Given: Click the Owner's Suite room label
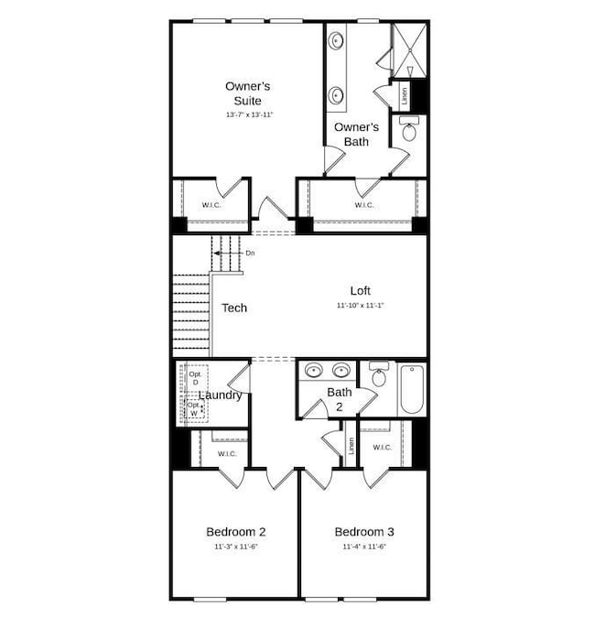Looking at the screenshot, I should pos(247,93).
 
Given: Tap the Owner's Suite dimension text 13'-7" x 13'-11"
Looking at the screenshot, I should pos(249,115).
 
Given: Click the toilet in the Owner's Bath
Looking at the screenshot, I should pos(408,130).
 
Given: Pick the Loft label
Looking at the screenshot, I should pos(360,290).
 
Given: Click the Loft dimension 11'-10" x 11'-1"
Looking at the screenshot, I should pos(360,305).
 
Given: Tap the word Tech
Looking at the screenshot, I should pos(234,308).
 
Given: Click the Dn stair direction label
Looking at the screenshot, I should pos(250,252).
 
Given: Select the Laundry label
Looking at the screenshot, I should pos(221,395).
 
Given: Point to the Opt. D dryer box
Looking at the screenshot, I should pos(195,378).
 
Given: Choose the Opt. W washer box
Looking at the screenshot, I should pos(194,409).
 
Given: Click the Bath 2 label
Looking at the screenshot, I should pos(340,399).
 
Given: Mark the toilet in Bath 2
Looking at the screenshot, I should pos(378,373).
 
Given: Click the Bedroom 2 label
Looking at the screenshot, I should pos(235,532).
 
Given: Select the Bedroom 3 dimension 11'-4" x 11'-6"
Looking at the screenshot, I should pos(364,547).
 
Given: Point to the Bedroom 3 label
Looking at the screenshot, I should pos(364,532).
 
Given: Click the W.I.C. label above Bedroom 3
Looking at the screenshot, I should pos(382,448).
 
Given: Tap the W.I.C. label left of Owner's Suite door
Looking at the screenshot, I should pos(211,205).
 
